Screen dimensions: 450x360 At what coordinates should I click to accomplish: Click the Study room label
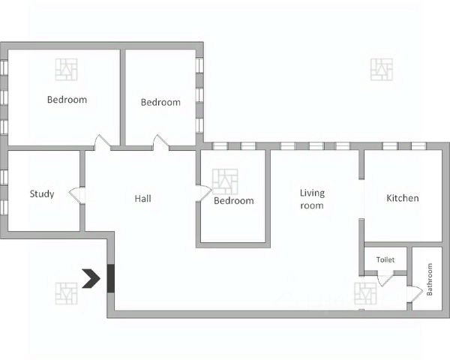(42, 194)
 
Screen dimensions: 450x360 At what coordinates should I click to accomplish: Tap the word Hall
(142, 199)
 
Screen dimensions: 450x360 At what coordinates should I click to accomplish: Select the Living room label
(311, 199)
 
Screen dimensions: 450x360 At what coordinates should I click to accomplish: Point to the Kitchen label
(402, 199)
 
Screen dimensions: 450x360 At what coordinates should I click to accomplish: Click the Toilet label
(385, 259)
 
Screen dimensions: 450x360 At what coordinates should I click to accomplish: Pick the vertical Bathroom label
(430, 279)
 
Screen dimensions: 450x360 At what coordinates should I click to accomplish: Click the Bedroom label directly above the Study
(67, 99)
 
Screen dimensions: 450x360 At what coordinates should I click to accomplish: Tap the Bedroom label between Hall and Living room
(233, 200)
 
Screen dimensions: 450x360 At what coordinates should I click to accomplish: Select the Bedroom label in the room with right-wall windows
(160, 102)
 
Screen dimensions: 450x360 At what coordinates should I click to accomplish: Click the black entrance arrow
(92, 278)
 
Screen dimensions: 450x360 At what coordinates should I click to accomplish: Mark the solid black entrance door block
(111, 278)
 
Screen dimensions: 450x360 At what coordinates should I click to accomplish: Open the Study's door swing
(76, 195)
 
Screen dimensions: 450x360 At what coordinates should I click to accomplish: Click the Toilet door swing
(385, 280)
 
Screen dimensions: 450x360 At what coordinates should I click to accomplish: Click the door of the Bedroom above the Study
(102, 142)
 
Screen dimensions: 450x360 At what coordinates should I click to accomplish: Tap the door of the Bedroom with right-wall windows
(160, 142)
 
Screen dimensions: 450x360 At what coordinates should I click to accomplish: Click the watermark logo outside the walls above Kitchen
(382, 70)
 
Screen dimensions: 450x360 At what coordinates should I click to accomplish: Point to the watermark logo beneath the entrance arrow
(66, 292)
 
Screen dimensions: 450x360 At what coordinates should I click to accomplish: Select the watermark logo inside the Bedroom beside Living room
(225, 181)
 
